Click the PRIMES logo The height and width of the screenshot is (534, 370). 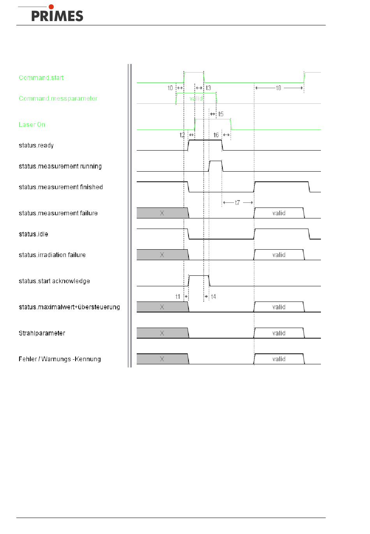[57, 14]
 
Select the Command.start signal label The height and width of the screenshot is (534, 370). [41, 78]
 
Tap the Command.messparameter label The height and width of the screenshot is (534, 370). [58, 99]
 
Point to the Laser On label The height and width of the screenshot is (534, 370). [32, 125]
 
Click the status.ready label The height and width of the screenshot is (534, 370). [36, 145]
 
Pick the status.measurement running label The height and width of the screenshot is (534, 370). [60, 166]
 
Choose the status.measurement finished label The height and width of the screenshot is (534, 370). [61, 187]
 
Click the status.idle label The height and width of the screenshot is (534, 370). [33, 234]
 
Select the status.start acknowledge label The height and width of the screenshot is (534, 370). [54, 281]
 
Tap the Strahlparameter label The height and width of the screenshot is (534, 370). [42, 333]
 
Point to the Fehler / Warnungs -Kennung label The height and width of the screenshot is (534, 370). [60, 359]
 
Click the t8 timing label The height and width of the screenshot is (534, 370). [278, 88]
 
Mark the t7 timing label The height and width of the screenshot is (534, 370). [238, 202]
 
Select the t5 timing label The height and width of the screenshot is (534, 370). [221, 114]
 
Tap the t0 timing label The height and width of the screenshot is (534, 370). [170, 88]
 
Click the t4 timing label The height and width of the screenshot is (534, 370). [213, 297]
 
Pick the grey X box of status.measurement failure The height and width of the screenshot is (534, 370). [162, 213]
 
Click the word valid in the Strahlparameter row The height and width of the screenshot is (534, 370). [279, 333]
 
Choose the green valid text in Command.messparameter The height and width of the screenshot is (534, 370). [196, 99]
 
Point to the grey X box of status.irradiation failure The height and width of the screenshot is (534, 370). [162, 255]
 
